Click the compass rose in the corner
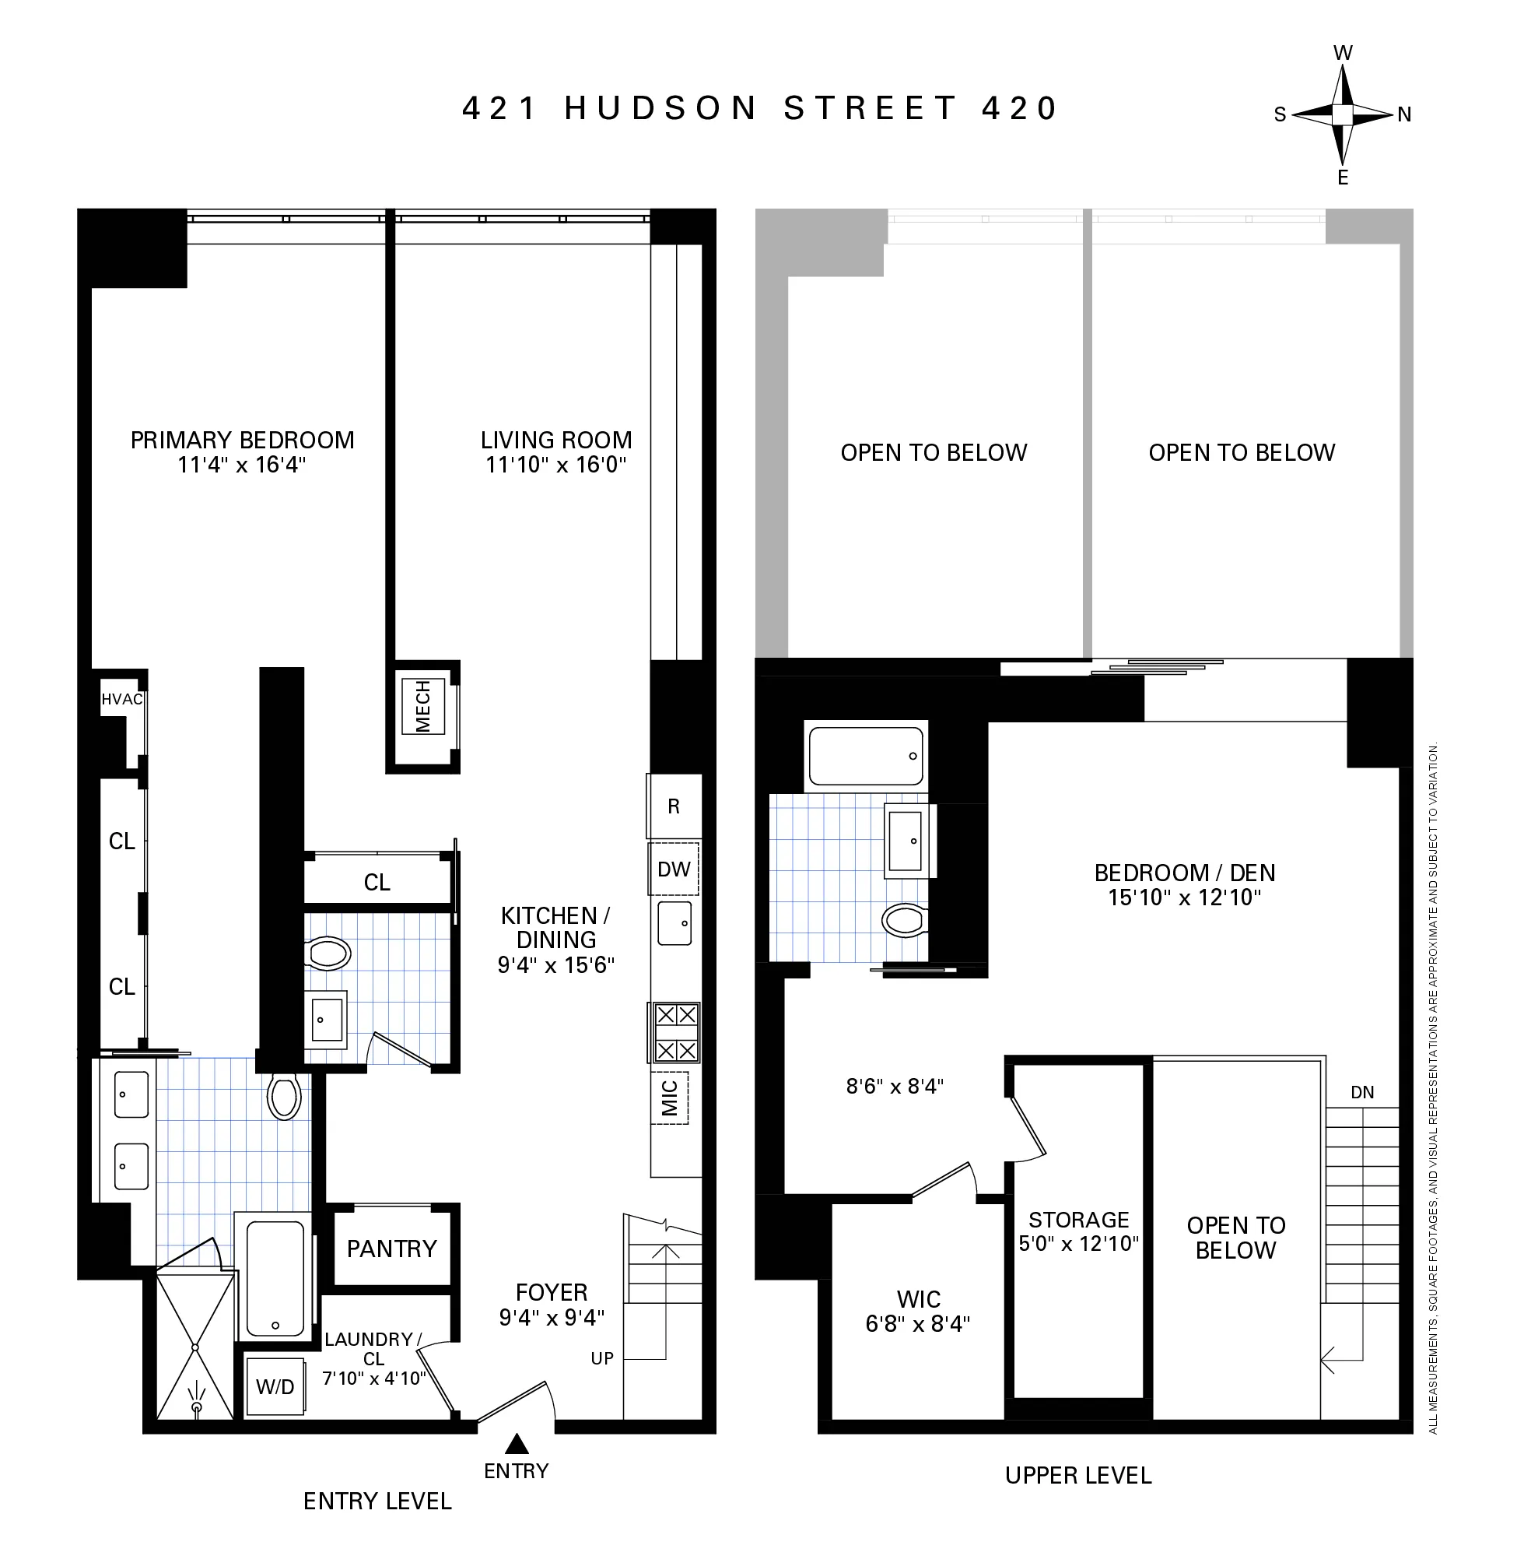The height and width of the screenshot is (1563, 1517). (x=1343, y=116)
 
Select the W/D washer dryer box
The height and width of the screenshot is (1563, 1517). (x=275, y=1387)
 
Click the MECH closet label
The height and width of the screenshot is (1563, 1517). (x=423, y=707)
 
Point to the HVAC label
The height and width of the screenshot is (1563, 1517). (x=122, y=699)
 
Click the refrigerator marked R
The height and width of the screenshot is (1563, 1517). (x=674, y=806)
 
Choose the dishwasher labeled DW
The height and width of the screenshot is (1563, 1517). (x=674, y=869)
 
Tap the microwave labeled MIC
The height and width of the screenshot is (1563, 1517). (x=670, y=1099)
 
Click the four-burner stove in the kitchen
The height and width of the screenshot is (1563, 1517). (x=676, y=1033)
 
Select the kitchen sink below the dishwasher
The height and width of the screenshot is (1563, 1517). (x=674, y=923)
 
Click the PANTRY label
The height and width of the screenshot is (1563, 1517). (x=391, y=1248)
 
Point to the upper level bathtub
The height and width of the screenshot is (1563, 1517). (x=867, y=756)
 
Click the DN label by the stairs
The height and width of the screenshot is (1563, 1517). (x=1362, y=1093)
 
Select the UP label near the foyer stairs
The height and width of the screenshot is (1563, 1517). (x=602, y=1358)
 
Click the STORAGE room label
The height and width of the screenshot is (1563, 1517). (x=1078, y=1219)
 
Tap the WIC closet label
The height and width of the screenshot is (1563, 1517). (x=918, y=1299)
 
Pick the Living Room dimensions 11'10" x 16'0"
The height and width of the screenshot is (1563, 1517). (x=555, y=464)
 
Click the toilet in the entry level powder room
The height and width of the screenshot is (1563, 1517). (x=328, y=953)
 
